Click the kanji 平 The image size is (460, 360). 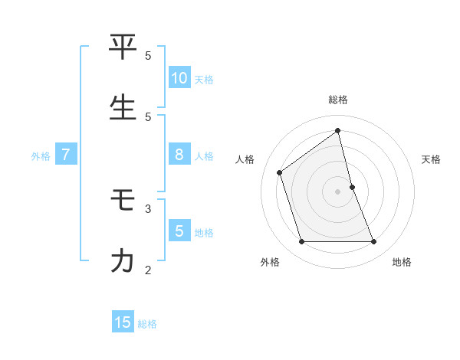[123, 47]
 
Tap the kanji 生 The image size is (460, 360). [123, 108]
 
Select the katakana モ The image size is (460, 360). [123, 201]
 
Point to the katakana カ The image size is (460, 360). [123, 261]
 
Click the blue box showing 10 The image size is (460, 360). [179, 78]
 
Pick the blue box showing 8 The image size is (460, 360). [179, 155]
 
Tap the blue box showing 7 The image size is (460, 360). [66, 155]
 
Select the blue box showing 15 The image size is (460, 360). [123, 322]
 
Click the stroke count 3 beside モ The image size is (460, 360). [148, 208]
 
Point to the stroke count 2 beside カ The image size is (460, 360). [148, 269]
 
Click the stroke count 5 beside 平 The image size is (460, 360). [148, 55]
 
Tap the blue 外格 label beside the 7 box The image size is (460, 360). [41, 155]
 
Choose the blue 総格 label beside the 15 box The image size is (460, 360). [147, 324]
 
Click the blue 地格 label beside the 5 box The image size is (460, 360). [204, 232]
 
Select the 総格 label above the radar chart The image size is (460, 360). [338, 100]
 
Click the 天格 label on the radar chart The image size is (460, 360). [431, 159]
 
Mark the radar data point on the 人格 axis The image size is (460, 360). [280, 172]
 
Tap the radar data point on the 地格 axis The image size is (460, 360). [374, 242]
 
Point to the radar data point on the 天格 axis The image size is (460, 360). [352, 187]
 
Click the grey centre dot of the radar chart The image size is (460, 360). [338, 191]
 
